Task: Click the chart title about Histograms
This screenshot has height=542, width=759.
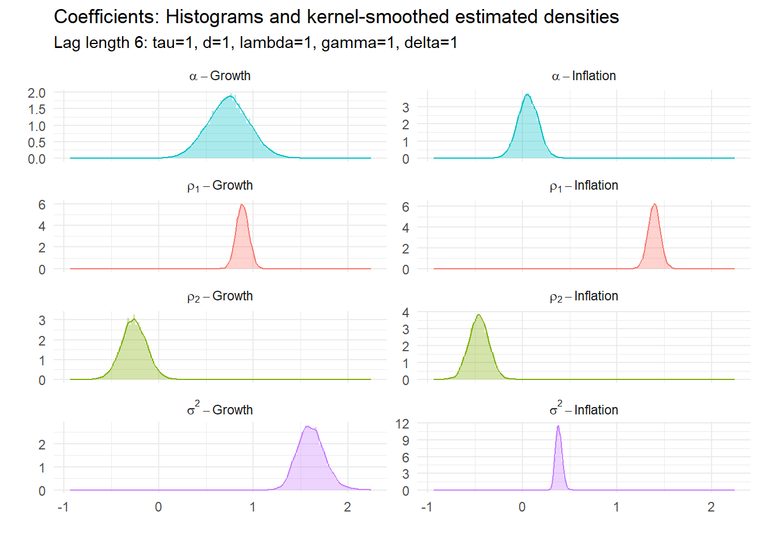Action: [336, 17]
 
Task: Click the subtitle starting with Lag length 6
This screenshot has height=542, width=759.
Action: [255, 43]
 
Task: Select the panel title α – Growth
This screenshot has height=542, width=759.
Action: [220, 76]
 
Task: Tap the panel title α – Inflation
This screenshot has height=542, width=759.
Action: [583, 76]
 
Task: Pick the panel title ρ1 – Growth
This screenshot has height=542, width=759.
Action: [220, 186]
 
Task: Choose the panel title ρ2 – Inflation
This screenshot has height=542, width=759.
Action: [583, 296]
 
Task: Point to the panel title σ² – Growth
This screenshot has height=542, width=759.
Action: [220, 409]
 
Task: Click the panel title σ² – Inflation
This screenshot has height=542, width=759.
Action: [583, 409]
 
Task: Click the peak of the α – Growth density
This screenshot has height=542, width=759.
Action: [230, 97]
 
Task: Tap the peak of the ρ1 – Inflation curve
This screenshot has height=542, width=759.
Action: [655, 204]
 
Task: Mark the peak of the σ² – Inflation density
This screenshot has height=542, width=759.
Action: [558, 426]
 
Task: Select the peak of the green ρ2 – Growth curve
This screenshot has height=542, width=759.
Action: [134, 319]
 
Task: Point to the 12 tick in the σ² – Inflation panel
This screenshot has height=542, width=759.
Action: [402, 424]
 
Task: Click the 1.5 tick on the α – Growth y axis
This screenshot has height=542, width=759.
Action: [37, 109]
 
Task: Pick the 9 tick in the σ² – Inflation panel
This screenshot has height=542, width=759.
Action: [405, 441]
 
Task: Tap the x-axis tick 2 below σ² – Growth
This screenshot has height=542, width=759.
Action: [347, 507]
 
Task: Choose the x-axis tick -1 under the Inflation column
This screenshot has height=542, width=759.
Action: [427, 507]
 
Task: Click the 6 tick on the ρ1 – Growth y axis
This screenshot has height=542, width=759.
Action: [42, 205]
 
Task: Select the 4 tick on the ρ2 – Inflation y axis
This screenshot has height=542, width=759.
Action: [405, 313]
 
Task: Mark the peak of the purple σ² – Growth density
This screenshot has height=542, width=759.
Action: [307, 426]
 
